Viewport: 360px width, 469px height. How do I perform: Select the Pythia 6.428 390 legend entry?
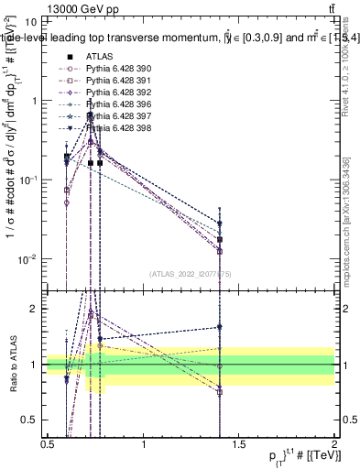[117, 69]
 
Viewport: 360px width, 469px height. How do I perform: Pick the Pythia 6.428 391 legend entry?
[117, 81]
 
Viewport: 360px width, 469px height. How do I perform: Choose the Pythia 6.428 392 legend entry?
[117, 93]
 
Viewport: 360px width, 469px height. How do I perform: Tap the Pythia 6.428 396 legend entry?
[117, 104]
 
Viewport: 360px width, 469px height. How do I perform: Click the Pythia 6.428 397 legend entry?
[117, 116]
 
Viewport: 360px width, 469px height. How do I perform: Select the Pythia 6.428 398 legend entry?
[117, 128]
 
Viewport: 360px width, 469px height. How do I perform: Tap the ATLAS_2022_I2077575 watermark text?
[190, 273]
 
